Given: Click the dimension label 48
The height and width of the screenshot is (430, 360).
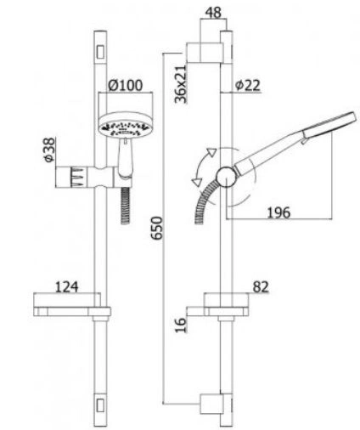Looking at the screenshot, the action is point(213,13).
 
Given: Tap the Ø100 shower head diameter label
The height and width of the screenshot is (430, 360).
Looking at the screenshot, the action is point(126,85).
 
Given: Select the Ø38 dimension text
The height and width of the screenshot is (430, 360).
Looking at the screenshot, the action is point(49,150).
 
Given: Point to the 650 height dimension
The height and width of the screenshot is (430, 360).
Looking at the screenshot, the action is point(157,228).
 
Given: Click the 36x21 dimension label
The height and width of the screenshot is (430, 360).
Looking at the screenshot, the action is point(181,84).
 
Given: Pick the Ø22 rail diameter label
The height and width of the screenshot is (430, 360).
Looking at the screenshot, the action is point(248,85).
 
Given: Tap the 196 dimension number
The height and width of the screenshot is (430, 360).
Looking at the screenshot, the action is point(278,212).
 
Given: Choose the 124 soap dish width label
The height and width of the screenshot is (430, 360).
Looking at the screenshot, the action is point(66,287).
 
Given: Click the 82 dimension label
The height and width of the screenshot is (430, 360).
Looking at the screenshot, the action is point(261,287).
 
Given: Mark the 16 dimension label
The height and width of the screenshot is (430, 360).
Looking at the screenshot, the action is point(181,325).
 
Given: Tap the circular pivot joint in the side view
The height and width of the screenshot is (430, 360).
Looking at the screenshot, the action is point(226,177).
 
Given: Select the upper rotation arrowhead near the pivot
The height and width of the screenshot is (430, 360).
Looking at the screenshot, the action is point(211,152).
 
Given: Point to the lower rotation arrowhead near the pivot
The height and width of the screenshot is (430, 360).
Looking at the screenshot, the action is point(197,182).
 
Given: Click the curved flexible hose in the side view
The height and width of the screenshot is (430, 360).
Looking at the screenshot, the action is point(205,200).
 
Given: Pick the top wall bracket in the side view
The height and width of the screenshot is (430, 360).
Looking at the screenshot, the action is point(205,53).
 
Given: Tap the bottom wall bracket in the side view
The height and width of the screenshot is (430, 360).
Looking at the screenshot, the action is point(211,404).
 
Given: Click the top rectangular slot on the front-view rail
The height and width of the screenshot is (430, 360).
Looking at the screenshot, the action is point(100,52).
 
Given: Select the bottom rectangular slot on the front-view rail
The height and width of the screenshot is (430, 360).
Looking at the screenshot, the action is point(100,405).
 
